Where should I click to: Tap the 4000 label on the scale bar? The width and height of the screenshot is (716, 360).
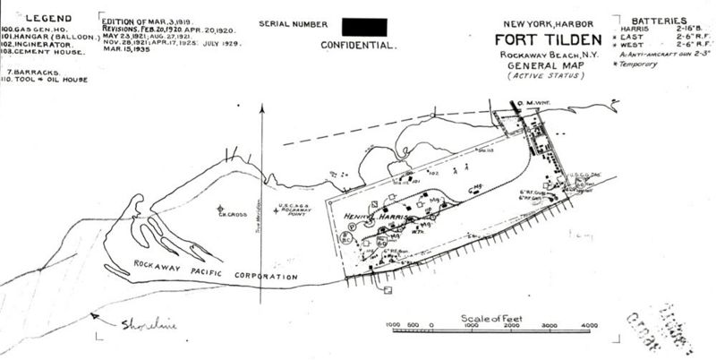(589, 325)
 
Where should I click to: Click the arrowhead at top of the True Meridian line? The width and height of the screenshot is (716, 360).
(261, 107)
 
